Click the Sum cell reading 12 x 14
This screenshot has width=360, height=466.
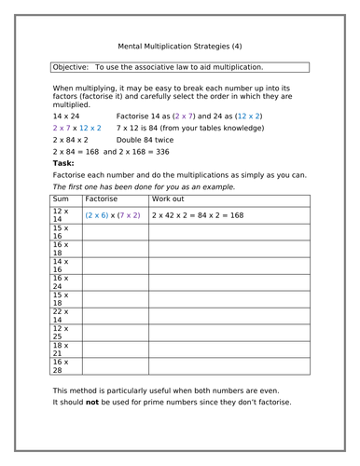pos(61,214)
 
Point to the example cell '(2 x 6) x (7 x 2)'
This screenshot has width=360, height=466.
pos(113,214)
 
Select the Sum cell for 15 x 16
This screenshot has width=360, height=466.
pos(61,232)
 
